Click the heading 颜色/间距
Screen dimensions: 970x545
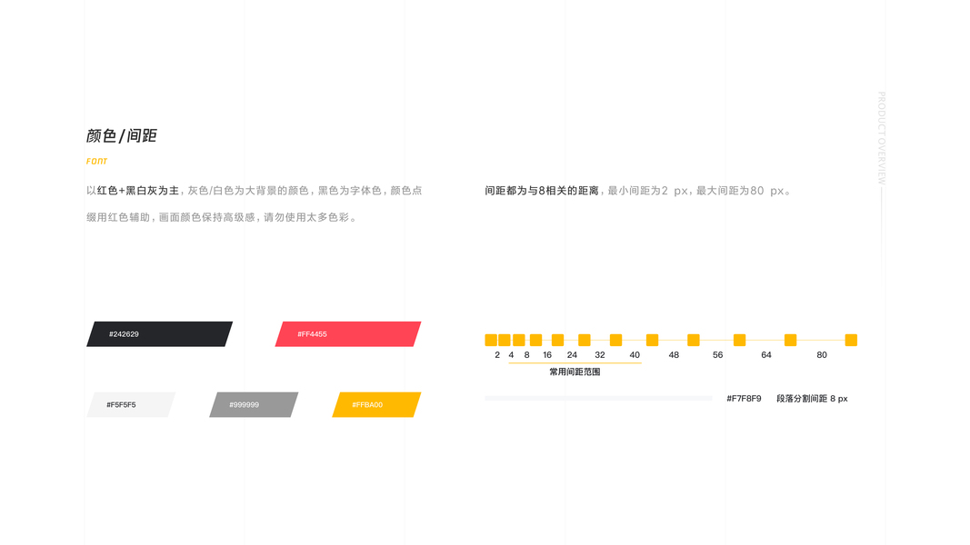click(x=122, y=136)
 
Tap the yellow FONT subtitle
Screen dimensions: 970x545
click(x=97, y=162)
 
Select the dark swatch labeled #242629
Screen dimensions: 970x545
click(x=159, y=334)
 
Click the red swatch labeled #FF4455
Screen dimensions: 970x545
click(x=348, y=334)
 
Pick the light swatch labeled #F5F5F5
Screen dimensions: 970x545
click(x=131, y=405)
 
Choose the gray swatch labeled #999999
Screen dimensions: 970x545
click(x=254, y=405)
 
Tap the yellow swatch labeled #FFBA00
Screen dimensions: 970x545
click(x=376, y=405)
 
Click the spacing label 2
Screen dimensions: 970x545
click(x=497, y=355)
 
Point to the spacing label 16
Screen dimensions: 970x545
click(x=547, y=355)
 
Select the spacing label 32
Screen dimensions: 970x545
click(x=600, y=355)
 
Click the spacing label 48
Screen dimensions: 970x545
click(x=674, y=355)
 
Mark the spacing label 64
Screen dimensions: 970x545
click(x=766, y=355)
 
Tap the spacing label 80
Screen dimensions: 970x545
click(x=822, y=355)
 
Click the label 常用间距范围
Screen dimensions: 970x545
click(x=575, y=372)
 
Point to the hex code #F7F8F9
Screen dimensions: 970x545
click(x=744, y=399)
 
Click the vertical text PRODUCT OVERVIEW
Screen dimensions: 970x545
click(x=881, y=138)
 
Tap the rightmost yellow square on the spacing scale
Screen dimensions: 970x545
click(x=851, y=340)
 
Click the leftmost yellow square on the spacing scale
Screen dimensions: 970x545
click(x=491, y=340)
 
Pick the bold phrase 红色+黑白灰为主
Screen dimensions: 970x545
click(x=138, y=191)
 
